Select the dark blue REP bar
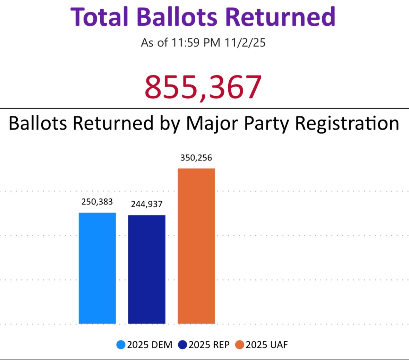(x=147, y=269)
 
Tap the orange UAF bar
(x=196, y=246)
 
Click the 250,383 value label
(x=97, y=202)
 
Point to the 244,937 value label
(x=147, y=204)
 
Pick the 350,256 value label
(x=196, y=158)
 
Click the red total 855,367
(x=203, y=87)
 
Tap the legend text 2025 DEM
(x=150, y=345)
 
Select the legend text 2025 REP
(x=209, y=345)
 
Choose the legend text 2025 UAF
(x=267, y=345)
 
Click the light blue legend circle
(x=121, y=345)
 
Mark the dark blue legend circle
(x=182, y=345)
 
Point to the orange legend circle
(x=240, y=345)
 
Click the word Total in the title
(x=100, y=17)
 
